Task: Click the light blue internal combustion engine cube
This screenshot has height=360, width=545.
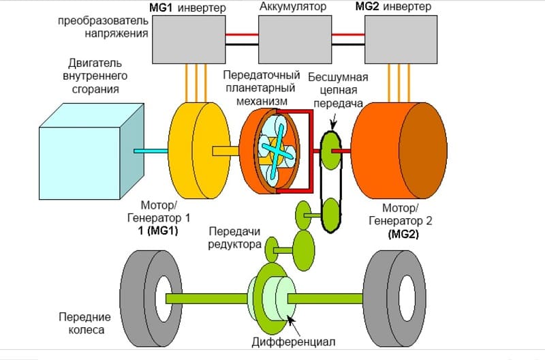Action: point(91,151)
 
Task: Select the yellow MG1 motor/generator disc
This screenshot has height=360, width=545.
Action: point(199,151)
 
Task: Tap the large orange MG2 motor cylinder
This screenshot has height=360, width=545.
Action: point(399,151)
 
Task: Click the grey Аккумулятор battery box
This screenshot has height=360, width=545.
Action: point(295,40)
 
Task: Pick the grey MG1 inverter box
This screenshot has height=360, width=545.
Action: point(189,40)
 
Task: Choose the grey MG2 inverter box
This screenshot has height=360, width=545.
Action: point(401,40)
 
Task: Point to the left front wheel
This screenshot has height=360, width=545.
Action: point(151,299)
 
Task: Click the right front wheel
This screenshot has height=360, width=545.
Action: point(394,299)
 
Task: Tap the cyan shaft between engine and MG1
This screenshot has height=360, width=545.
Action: point(151,151)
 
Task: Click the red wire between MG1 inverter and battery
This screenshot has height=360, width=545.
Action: point(242,35)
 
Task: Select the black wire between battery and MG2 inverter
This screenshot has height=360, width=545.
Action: point(348,44)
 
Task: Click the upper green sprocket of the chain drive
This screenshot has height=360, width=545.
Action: point(330,151)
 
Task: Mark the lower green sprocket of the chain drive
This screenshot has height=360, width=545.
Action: point(330,215)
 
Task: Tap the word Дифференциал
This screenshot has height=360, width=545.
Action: point(294,342)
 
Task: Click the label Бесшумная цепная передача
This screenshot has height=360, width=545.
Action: point(338,90)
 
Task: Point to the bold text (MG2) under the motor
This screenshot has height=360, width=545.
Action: point(403,234)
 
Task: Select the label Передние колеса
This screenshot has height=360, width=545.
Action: point(84,323)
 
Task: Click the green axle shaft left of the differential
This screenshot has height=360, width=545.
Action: point(207,299)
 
